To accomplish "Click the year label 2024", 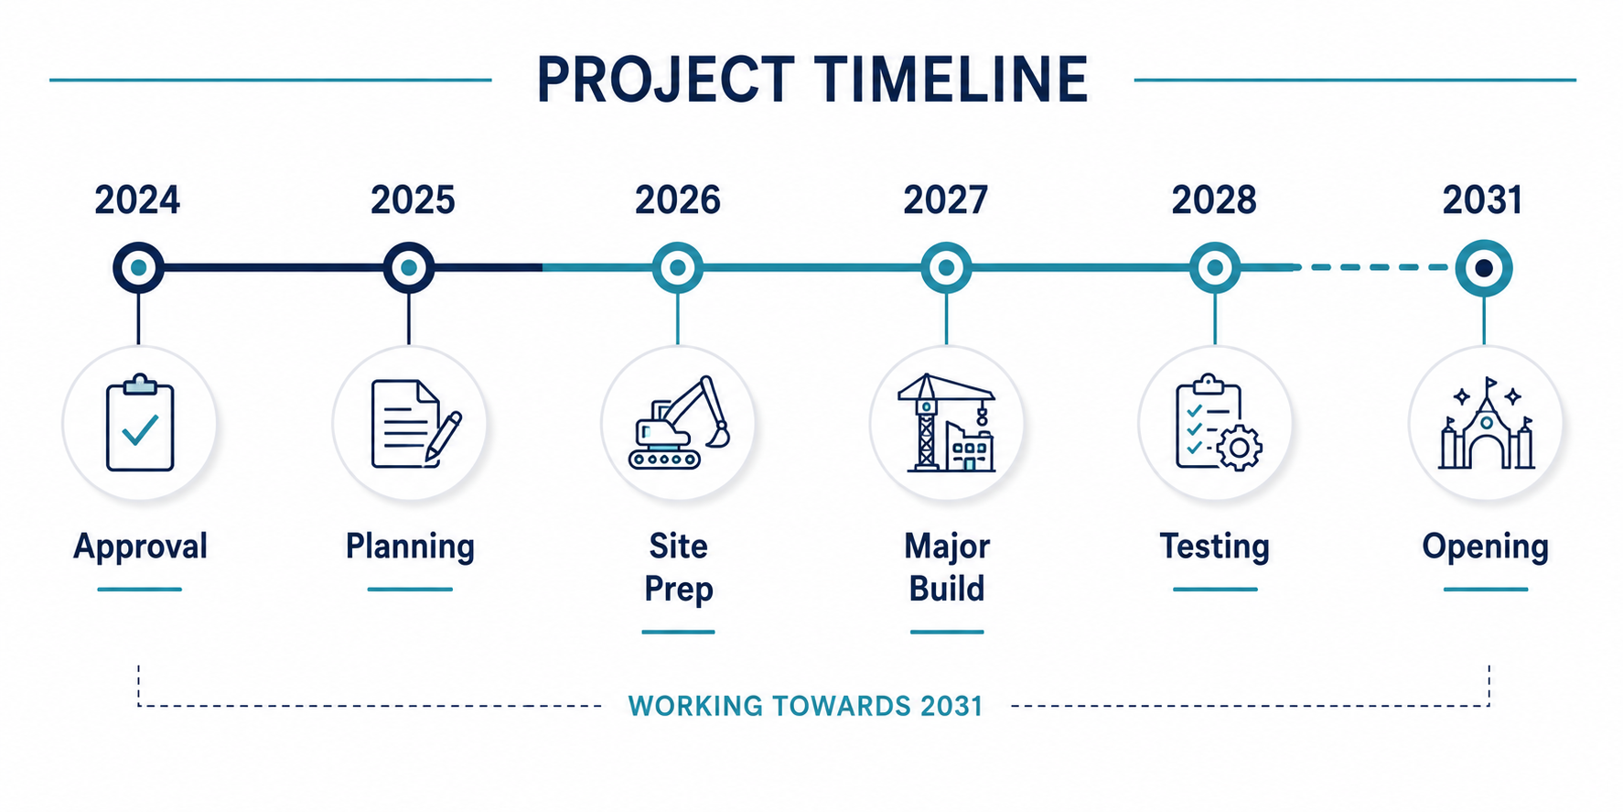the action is pyautogui.click(x=137, y=200).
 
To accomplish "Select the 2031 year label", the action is pyautogui.click(x=1482, y=200).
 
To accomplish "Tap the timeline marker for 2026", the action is pyautogui.click(x=677, y=268).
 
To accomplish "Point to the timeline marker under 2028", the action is pyautogui.click(x=1214, y=268).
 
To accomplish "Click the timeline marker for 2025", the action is pyautogui.click(x=409, y=268).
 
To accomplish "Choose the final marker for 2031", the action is pyautogui.click(x=1484, y=268).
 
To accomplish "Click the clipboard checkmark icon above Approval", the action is pyautogui.click(x=140, y=423).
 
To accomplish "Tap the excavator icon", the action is pyautogui.click(x=679, y=422).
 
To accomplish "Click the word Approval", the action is pyautogui.click(x=140, y=547).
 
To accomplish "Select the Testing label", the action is pyautogui.click(x=1215, y=547).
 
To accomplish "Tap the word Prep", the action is pyautogui.click(x=678, y=589).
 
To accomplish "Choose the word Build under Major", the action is pyautogui.click(x=947, y=588).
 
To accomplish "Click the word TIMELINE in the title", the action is pyautogui.click(x=951, y=79).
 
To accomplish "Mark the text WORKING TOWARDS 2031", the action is pyautogui.click(x=805, y=706).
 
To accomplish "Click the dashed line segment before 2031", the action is pyautogui.click(x=1377, y=267).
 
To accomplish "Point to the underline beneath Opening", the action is pyautogui.click(x=1486, y=590).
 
